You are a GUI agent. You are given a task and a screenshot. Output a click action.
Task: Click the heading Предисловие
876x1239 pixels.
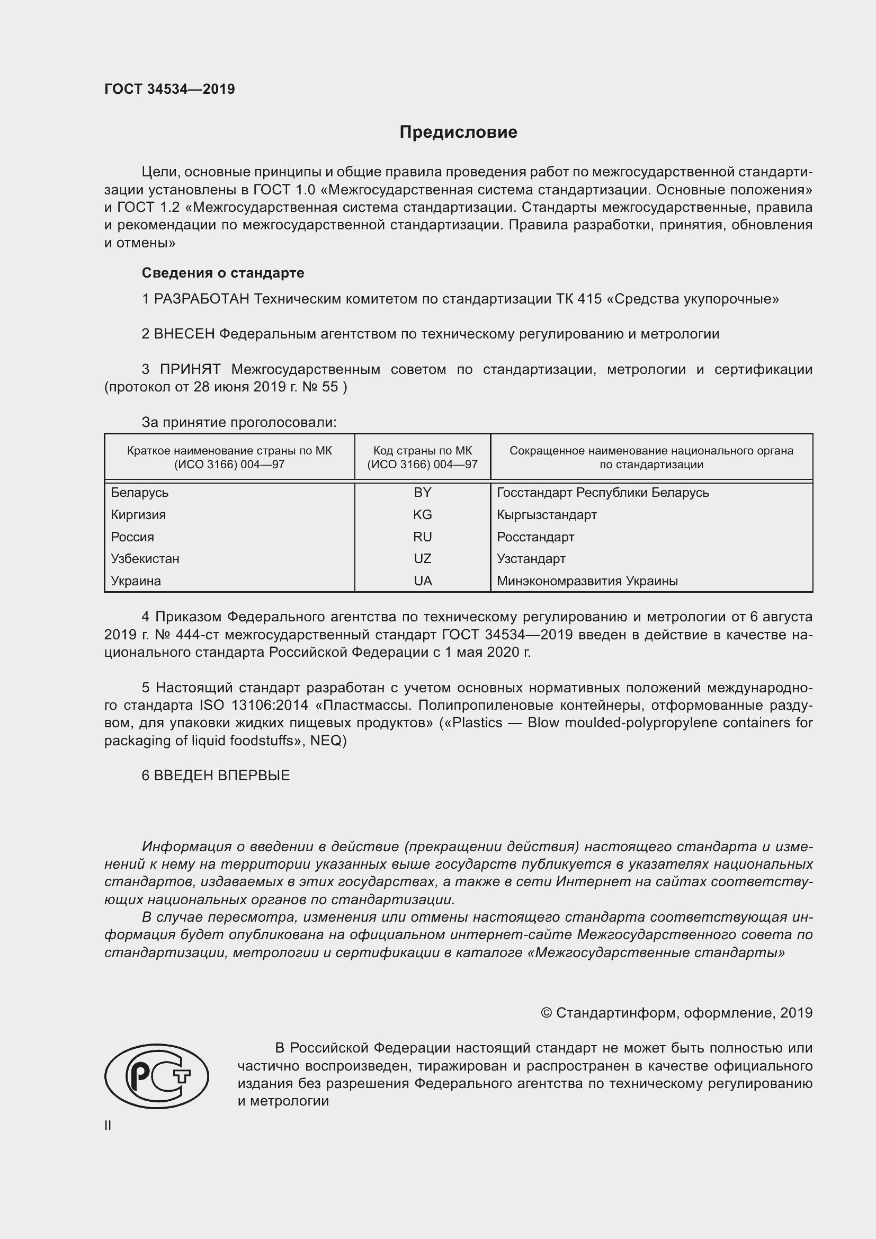pyautogui.click(x=458, y=132)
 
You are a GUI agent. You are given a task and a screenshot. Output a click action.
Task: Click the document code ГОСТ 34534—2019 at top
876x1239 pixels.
pyautogui.click(x=169, y=89)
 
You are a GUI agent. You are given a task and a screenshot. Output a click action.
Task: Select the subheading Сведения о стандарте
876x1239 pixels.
pyautogui.click(x=223, y=273)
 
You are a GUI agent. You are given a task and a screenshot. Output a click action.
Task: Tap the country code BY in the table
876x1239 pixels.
pyautogui.click(x=422, y=492)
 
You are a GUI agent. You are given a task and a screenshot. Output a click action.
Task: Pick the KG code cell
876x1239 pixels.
pyautogui.click(x=422, y=514)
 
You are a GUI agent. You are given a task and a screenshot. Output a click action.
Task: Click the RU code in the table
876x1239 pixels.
pyautogui.click(x=422, y=537)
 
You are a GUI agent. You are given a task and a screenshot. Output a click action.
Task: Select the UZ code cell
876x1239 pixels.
pyautogui.click(x=422, y=558)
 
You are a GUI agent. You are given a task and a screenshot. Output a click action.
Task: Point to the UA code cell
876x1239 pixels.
pyautogui.click(x=422, y=581)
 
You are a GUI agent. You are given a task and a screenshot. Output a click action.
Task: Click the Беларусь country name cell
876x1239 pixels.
pyautogui.click(x=140, y=492)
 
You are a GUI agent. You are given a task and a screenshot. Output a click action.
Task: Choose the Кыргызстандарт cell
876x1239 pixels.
pyautogui.click(x=547, y=514)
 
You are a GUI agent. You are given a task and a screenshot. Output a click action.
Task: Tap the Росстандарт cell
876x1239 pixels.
pyautogui.click(x=535, y=537)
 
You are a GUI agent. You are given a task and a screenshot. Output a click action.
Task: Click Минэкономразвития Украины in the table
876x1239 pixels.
pyautogui.click(x=587, y=581)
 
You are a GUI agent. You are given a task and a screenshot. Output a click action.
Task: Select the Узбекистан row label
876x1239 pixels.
pyautogui.click(x=145, y=558)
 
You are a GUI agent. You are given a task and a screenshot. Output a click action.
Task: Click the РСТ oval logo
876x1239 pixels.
pyautogui.click(x=156, y=1076)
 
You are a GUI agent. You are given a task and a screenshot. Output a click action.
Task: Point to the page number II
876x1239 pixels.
pyautogui.click(x=108, y=1125)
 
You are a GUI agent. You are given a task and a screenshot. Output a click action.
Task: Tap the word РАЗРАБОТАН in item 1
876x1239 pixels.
pyautogui.click(x=202, y=299)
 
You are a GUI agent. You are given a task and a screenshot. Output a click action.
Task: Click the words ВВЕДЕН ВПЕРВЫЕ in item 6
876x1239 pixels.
pyautogui.click(x=222, y=776)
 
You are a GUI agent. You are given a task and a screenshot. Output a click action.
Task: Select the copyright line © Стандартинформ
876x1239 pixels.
pyautogui.click(x=676, y=1013)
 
